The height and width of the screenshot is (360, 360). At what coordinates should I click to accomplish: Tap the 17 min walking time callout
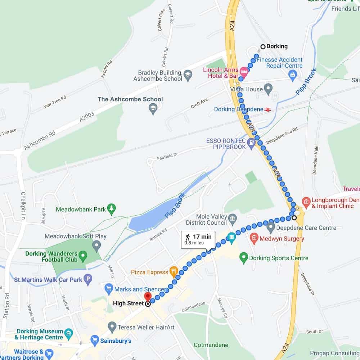point(198,239)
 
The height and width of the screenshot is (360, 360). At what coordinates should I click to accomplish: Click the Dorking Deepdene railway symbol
point(267,109)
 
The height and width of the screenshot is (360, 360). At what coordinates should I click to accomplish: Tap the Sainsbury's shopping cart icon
point(95,340)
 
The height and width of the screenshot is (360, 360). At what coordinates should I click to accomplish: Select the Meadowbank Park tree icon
point(112,209)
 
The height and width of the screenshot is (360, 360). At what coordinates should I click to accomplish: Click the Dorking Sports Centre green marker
point(244,258)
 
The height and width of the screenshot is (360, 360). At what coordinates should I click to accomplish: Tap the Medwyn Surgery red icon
point(254,238)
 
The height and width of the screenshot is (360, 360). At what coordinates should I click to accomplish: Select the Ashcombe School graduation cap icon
point(153,108)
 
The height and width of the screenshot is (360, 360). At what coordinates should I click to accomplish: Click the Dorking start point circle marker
point(263,46)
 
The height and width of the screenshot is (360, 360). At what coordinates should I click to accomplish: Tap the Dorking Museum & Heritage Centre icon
point(68,334)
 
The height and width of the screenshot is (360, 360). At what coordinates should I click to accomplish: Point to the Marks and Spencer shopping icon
point(109,289)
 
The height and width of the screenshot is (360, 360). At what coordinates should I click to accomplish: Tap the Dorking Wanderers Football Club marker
point(83,256)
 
